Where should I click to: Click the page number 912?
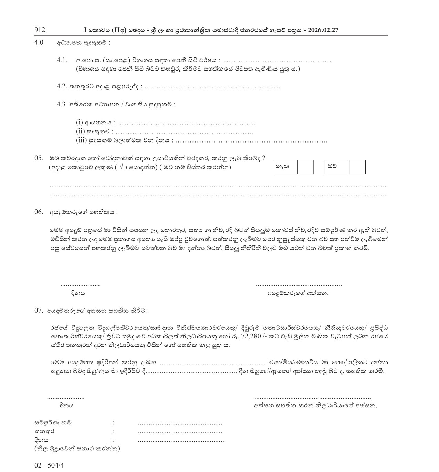(40, 30)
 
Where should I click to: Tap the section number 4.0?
(39, 43)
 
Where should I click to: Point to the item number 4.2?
(62, 86)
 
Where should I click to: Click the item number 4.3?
(61, 104)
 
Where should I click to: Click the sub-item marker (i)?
(79, 122)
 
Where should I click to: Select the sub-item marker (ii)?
(80, 131)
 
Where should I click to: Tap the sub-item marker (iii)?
(81, 140)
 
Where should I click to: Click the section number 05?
(39, 158)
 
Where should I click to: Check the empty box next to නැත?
(305, 167)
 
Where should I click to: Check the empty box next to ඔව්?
(357, 167)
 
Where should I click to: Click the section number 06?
(39, 212)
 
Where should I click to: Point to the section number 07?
(39, 310)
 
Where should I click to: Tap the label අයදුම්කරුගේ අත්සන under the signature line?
(298, 293)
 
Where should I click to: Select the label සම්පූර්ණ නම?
(53, 422)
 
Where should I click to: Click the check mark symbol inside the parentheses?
(121, 167)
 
